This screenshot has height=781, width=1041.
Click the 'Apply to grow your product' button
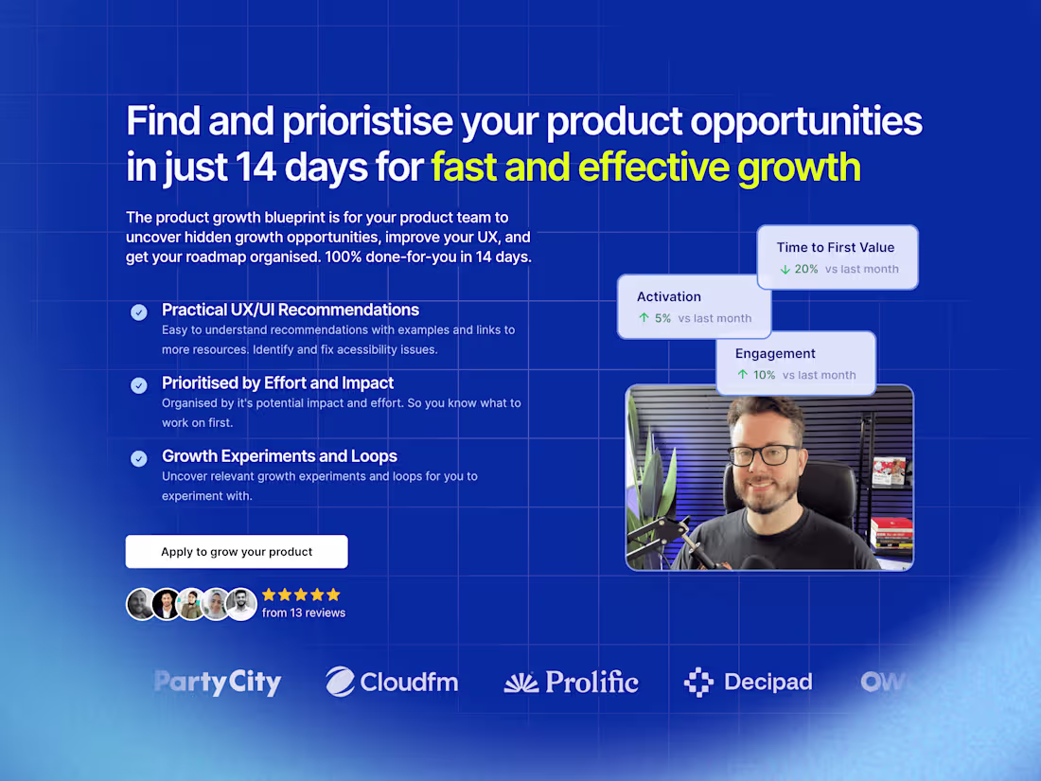(237, 552)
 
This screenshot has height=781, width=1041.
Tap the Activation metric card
(694, 307)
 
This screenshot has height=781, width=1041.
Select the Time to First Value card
(837, 257)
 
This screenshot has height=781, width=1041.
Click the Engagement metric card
(795, 363)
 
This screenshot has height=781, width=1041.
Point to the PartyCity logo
(218, 682)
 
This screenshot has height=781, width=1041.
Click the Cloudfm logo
(392, 682)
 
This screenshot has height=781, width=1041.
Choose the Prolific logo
(572, 682)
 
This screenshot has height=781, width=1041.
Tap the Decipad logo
(748, 682)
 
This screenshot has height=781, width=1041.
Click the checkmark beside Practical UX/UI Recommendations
(139, 311)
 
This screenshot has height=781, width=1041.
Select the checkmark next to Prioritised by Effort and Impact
(139, 385)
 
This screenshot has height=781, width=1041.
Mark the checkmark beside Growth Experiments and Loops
(139, 458)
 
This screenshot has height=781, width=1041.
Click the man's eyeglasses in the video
(764, 454)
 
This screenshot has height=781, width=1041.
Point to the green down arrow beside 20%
(785, 270)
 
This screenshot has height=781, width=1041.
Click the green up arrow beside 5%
(644, 319)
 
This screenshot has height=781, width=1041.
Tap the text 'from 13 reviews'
(304, 613)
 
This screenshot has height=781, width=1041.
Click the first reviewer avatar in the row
(141, 604)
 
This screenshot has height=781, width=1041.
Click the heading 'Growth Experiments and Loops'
(279, 456)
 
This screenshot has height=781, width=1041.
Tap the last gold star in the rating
(333, 595)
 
